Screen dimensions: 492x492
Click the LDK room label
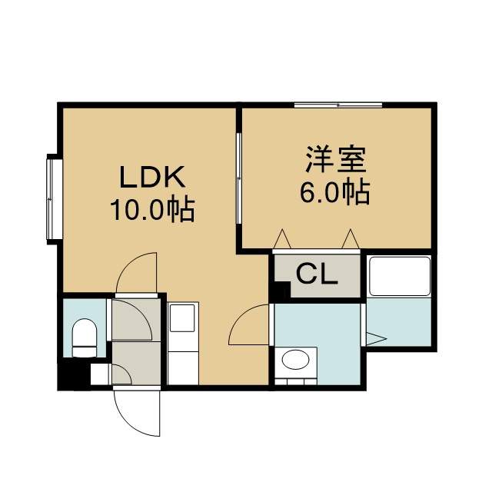pos(152,177)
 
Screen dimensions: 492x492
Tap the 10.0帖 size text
pos(152,210)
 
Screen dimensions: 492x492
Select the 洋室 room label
pos(337,159)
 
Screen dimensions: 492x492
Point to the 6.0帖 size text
pos(335,192)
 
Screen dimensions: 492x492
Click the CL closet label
pos(317,274)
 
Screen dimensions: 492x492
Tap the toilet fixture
pos(84,337)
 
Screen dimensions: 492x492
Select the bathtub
pos(400,276)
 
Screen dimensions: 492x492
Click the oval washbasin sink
pos(295,359)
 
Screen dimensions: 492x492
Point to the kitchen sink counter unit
pos(183,344)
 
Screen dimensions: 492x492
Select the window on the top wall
pos(338,105)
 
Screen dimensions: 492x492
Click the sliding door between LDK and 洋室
pos(239,178)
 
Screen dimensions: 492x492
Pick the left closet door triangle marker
pos(282,239)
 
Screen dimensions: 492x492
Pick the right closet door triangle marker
pos(351,239)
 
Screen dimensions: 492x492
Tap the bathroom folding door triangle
pos(376,339)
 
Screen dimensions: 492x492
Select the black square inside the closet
pos(281,291)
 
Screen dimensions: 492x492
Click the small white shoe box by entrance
pos(101,374)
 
